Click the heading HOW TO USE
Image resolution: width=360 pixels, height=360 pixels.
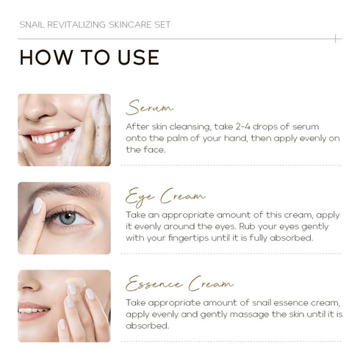tap(90, 57)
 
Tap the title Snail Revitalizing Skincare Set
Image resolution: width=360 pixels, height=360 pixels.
tap(95, 25)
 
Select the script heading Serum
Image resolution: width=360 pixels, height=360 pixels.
tap(150, 107)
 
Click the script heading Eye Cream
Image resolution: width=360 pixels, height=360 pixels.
tap(165, 197)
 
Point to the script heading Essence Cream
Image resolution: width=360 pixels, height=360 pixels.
tap(179, 284)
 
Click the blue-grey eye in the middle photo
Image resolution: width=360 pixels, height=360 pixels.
tap(68, 217)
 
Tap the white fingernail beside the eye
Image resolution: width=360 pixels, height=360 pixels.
tap(37, 206)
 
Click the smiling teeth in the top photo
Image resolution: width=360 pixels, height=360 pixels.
tap(50, 138)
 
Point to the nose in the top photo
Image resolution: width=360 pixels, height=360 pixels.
tap(39, 109)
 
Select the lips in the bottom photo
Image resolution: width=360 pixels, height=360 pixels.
tap(33, 311)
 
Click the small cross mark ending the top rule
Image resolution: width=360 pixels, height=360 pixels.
tap(336, 39)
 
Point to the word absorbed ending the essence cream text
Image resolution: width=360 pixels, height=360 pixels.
tap(148, 326)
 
